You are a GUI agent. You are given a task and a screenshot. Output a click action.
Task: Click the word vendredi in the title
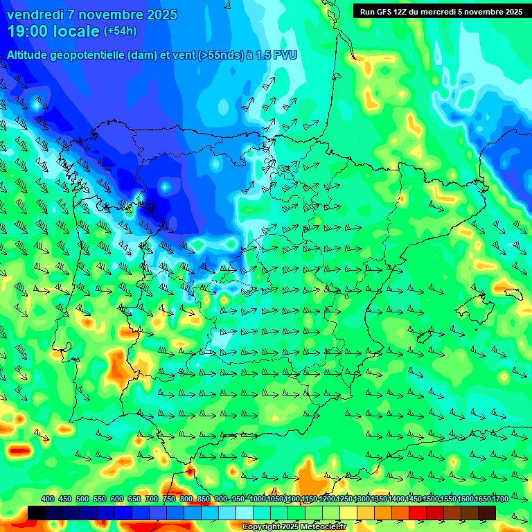pos(32,15)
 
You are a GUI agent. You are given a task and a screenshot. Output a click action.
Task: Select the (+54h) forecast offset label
pos(120,31)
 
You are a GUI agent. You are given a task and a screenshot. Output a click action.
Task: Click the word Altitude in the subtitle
pos(30,55)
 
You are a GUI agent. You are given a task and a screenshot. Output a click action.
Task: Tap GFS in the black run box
pos(387,12)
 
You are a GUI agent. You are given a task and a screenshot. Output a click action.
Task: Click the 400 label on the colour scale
pos(48,499)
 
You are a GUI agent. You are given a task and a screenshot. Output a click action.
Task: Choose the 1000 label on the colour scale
pos(257,499)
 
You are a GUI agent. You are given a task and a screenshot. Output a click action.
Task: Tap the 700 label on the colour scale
pos(152,499)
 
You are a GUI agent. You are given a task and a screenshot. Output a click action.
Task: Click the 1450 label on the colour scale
pos(414,499)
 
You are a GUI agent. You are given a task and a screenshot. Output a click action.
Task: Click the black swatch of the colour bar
pos(37,512)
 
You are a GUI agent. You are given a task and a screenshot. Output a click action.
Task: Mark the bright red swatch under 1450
pos(418,512)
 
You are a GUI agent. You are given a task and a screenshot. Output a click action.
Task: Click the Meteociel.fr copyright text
pos(293,527)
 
